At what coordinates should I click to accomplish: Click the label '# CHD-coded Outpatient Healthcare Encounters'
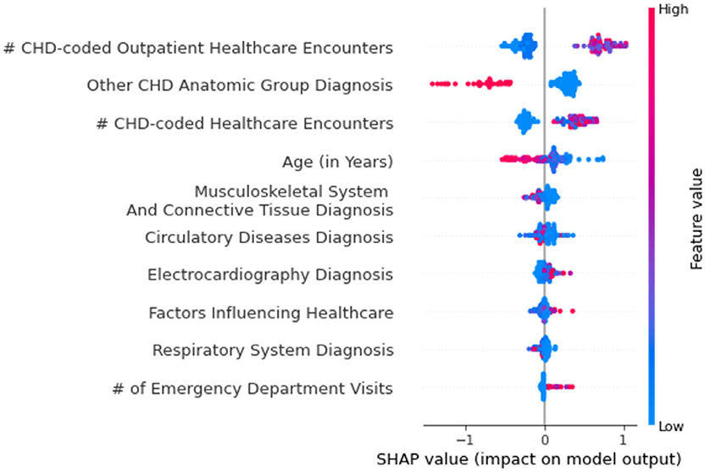198,47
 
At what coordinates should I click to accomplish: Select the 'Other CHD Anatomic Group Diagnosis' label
240,86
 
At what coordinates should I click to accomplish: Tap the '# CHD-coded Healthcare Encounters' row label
245,124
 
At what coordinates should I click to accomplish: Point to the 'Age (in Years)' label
337,161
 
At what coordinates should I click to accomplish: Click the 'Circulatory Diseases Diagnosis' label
269,236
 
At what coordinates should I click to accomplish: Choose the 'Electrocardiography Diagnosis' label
269,274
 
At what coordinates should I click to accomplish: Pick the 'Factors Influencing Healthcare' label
270,313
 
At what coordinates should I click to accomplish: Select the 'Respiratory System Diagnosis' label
272,351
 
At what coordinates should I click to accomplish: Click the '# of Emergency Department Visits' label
253,389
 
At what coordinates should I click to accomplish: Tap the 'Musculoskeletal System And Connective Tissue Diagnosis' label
258,200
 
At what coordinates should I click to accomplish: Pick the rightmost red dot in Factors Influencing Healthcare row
573,312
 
